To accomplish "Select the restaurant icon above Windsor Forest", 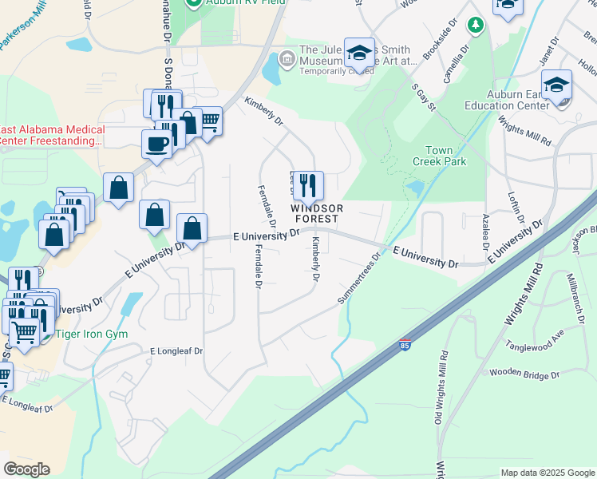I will (x=308, y=186).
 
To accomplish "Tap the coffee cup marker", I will (x=156, y=144).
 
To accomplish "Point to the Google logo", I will (x=26, y=469).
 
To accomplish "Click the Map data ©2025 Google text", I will (x=548, y=473).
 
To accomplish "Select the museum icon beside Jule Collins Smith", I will (x=286, y=58).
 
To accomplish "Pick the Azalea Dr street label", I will (x=484, y=230).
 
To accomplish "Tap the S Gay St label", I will (x=424, y=98).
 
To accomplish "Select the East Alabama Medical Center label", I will (x=53, y=136).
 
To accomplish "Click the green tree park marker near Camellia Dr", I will (x=476, y=26).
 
